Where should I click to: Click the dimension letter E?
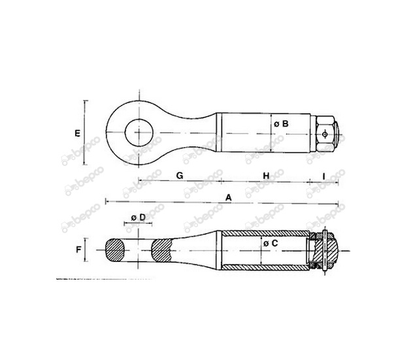77,133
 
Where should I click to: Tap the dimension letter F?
78,250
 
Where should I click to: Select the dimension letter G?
179,175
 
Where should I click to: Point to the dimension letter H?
266,176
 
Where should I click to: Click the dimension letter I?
323,176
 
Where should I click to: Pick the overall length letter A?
228,197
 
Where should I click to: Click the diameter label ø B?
281,123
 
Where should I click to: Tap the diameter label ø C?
271,244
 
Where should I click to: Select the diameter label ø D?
139,218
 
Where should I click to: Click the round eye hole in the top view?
139,133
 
